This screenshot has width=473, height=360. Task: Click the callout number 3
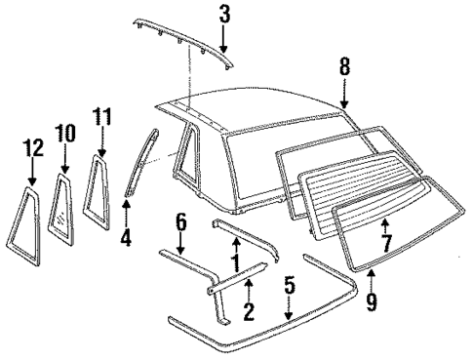(x=224, y=14)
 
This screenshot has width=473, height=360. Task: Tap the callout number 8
(x=343, y=69)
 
